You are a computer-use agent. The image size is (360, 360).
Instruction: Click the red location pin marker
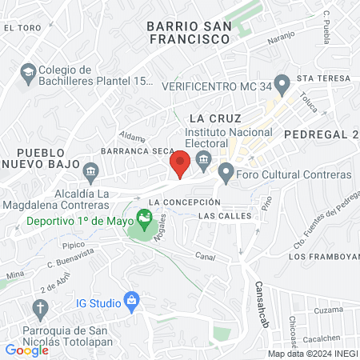181,163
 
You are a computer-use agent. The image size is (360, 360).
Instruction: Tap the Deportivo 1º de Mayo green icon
144,216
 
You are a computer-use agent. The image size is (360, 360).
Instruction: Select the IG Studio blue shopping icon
133,302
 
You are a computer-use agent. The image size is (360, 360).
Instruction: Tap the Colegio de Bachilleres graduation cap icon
27,73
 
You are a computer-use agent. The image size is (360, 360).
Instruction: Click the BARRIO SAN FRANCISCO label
189,32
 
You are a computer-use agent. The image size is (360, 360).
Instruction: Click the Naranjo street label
281,37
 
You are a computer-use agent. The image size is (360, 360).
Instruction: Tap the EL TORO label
22,27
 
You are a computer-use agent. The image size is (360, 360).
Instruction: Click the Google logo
26,350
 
